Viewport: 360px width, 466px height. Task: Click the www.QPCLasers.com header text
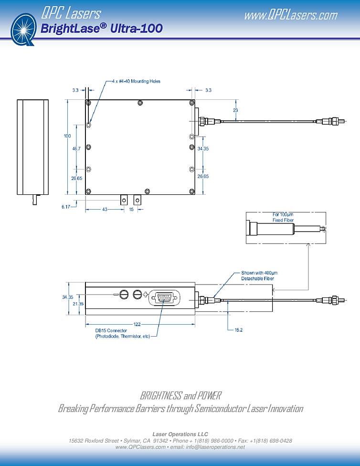(x=290, y=15)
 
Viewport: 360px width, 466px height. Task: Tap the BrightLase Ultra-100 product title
(x=102, y=29)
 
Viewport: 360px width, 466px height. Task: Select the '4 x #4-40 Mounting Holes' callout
(x=136, y=81)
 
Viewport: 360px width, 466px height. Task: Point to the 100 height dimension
(x=67, y=136)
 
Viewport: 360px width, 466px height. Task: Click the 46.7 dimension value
(x=76, y=149)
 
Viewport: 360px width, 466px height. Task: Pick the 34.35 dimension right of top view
(x=203, y=149)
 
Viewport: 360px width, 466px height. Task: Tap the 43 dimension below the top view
(x=104, y=210)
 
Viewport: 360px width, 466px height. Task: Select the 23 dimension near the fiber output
(x=235, y=110)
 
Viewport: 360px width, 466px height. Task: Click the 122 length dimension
(x=137, y=324)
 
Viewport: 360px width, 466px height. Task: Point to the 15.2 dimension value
(x=239, y=329)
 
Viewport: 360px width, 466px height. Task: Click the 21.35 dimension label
(x=78, y=304)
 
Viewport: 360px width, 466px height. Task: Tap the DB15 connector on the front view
(x=164, y=298)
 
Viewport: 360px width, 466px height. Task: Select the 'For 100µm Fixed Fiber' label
(x=283, y=217)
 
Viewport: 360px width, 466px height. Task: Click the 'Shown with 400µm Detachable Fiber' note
(x=257, y=275)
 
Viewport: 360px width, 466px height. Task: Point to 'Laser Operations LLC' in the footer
(x=180, y=434)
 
